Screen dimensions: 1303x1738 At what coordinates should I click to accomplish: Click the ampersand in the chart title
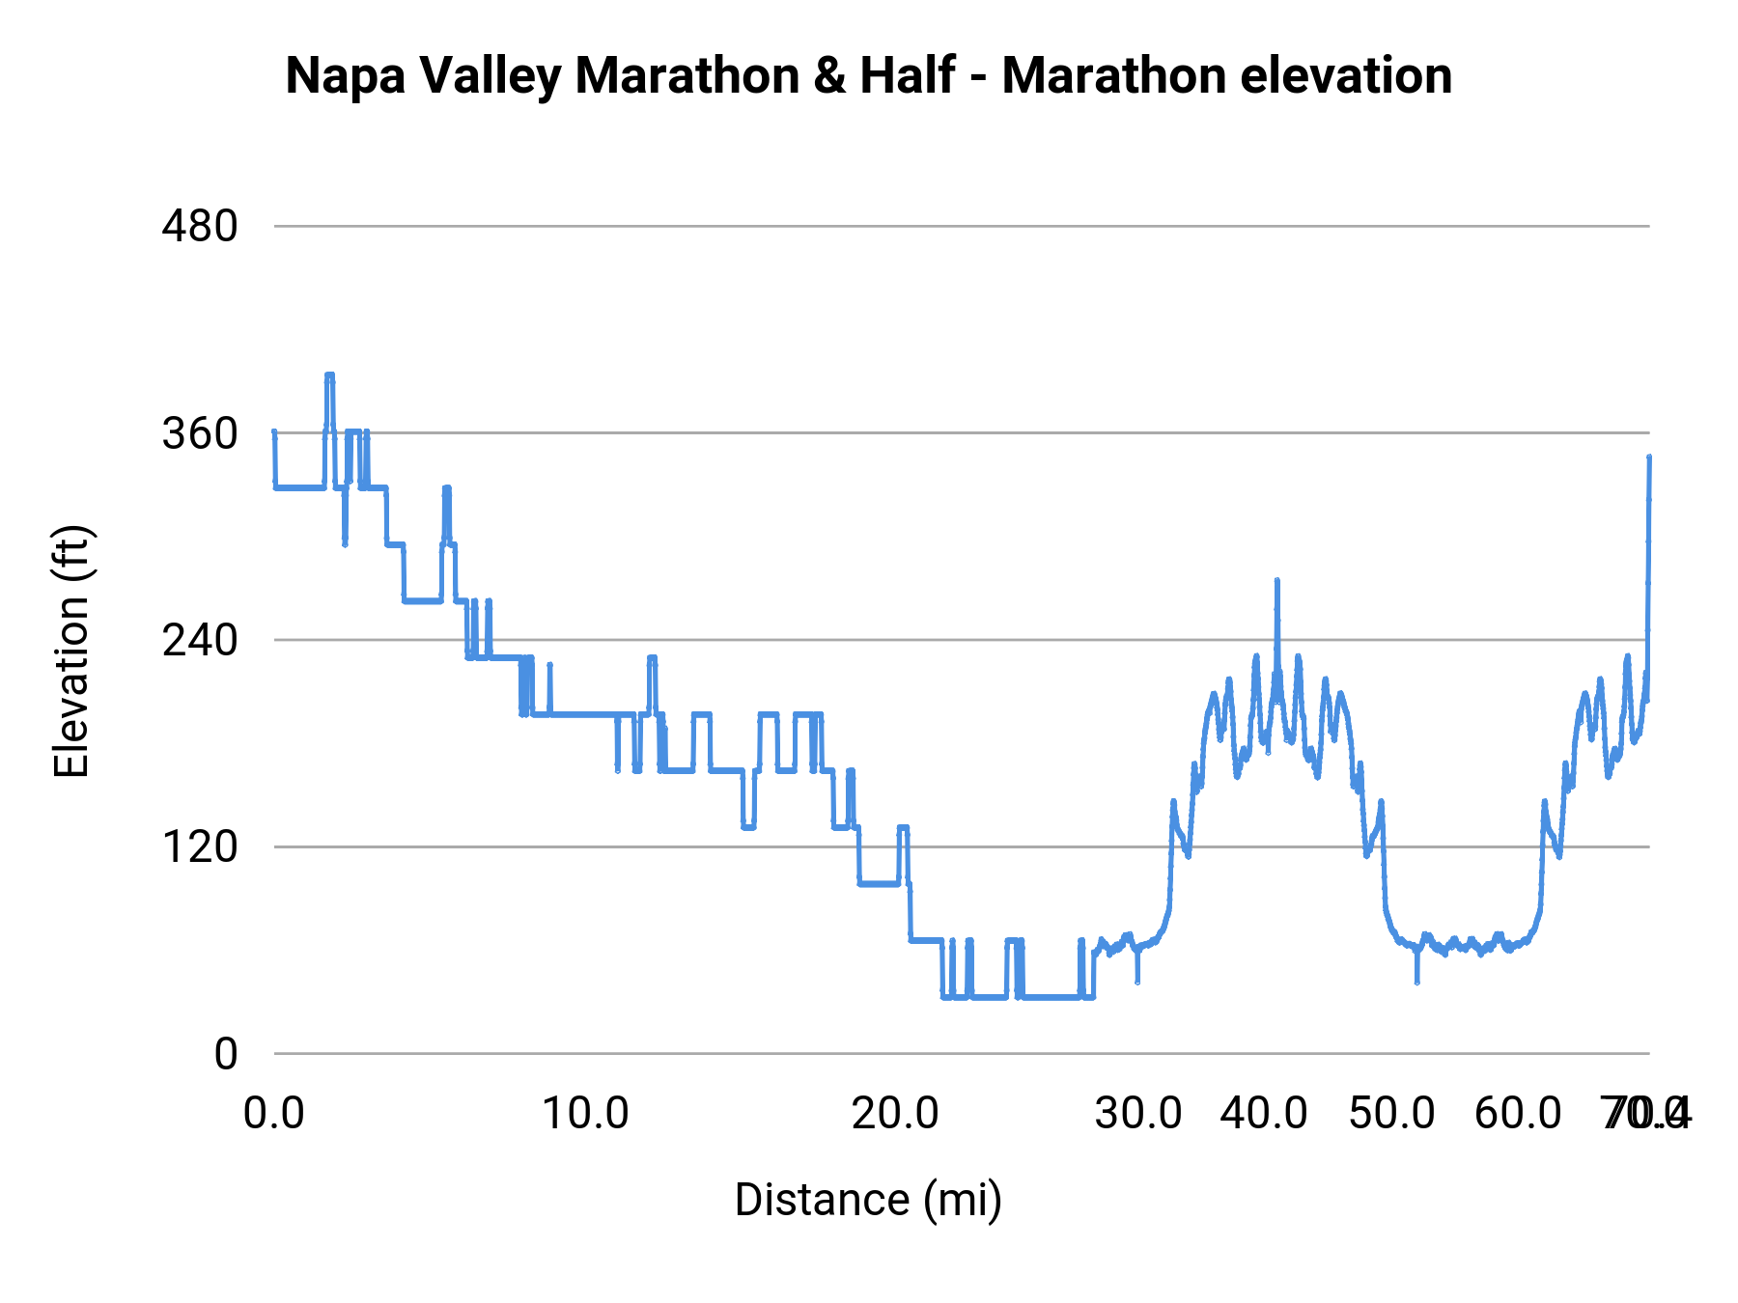[x=828, y=76]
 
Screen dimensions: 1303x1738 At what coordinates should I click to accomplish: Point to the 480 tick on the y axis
[x=199, y=227]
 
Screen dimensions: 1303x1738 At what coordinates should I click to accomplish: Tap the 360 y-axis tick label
[x=199, y=434]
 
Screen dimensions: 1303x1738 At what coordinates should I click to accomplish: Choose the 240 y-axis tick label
[x=199, y=641]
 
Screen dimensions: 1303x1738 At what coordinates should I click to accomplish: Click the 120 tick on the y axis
[x=199, y=847]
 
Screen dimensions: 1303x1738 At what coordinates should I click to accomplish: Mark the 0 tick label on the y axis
[x=225, y=1054]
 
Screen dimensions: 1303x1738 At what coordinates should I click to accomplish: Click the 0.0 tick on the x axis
[x=274, y=1114]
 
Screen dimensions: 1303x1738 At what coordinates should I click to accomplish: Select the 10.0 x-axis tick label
[x=585, y=1114]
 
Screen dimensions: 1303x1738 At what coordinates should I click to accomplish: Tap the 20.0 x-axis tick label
[x=895, y=1114]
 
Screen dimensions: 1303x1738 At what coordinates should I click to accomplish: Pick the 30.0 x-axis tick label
[x=1138, y=1114]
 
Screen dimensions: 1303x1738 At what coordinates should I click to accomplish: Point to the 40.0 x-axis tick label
[x=1264, y=1114]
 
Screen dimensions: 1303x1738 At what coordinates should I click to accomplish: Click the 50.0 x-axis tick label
[x=1391, y=1114]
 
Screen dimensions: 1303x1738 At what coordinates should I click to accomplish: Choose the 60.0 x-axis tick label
[x=1518, y=1114]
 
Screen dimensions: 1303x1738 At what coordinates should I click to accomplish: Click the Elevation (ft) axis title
[x=71, y=651]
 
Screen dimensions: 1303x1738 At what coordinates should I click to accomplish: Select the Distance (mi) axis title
[x=868, y=1200]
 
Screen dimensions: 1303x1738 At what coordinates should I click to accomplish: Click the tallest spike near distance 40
[x=1276, y=581]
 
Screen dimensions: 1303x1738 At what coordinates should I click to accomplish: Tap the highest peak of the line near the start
[x=329, y=375]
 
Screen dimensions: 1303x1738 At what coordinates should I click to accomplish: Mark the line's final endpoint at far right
[x=1649, y=457]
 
